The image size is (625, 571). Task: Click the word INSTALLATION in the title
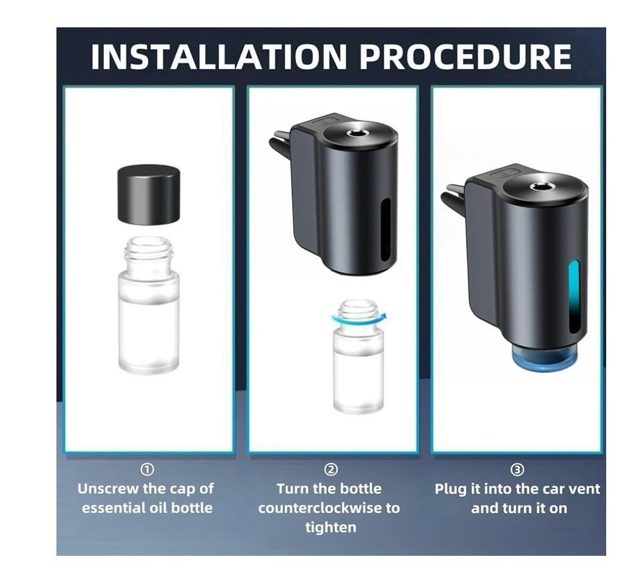[219, 56]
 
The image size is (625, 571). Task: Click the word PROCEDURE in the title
[465, 56]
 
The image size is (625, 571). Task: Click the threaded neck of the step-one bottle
[148, 249]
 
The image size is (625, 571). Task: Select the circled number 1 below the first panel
[147, 470]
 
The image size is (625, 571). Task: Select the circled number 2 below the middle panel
[331, 470]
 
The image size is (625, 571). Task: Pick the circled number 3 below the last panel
[517, 470]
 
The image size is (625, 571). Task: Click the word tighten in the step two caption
[331, 527]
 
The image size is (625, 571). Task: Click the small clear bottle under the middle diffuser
[359, 357]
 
